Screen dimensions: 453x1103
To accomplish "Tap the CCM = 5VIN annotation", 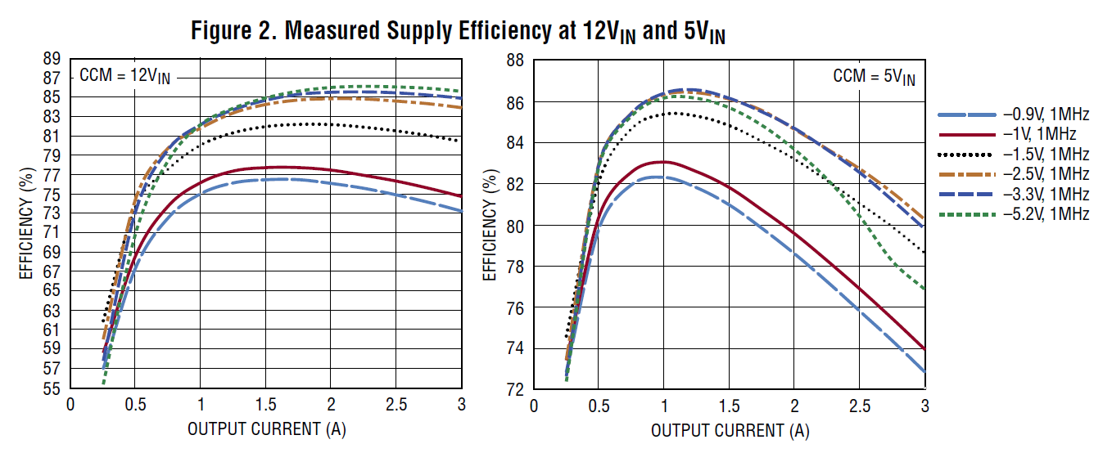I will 874,78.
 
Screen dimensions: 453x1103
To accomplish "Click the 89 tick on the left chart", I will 52,59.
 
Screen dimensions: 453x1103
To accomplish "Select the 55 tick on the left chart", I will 52,389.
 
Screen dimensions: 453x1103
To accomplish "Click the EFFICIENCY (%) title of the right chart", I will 490,225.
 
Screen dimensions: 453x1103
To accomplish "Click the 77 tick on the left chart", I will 52,175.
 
